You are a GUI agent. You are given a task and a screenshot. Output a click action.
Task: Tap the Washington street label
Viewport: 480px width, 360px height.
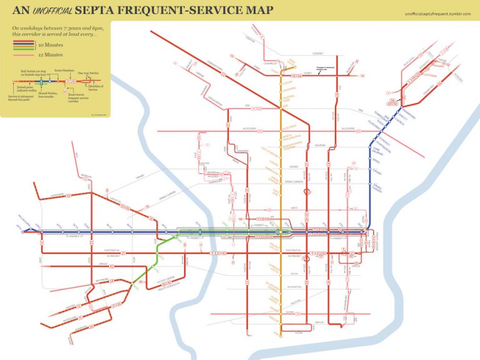coord(292,286)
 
